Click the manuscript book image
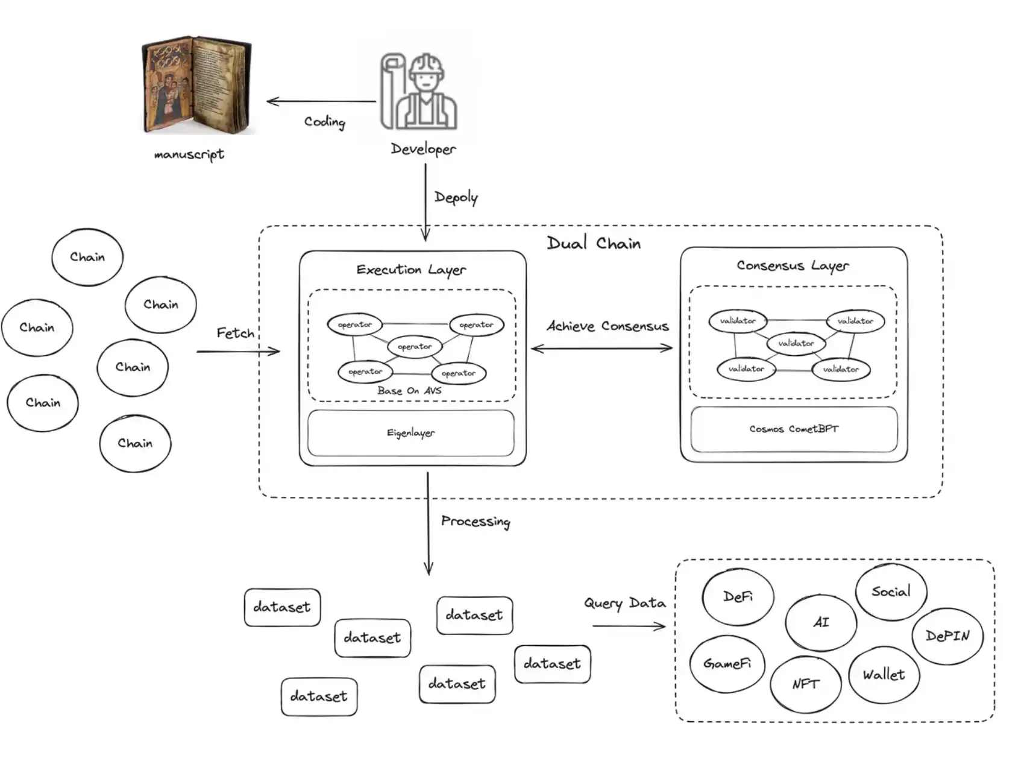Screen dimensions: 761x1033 [x=196, y=84]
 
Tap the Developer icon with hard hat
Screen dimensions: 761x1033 [x=419, y=92]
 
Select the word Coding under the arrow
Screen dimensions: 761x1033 [x=324, y=122]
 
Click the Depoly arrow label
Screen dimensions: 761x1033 [x=456, y=197]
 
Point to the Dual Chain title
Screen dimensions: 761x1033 [x=594, y=243]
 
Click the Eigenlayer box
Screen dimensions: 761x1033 [x=411, y=433]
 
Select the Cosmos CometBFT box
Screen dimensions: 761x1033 [x=794, y=429]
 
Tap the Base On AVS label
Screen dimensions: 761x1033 [x=409, y=391]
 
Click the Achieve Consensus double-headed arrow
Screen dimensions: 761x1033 [x=601, y=348]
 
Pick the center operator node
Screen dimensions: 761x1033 [x=415, y=347]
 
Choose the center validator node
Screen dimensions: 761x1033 [x=796, y=343]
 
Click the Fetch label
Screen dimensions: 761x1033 [x=235, y=333]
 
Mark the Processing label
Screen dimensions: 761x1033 [x=476, y=521]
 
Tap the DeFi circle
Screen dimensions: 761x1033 [x=738, y=597]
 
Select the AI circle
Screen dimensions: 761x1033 [x=821, y=622]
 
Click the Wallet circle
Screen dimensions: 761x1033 [x=884, y=675]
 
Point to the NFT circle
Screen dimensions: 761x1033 [x=805, y=684]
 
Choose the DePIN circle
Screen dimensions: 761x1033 [x=947, y=636]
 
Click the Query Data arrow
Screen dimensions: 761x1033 [x=629, y=626]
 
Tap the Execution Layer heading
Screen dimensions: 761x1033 [x=411, y=270]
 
